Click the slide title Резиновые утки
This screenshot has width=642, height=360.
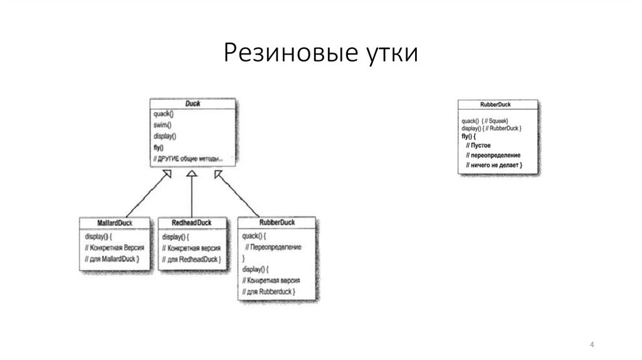pos(320,53)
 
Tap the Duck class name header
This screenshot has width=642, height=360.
pos(192,103)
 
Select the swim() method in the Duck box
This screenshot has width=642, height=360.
pos(162,125)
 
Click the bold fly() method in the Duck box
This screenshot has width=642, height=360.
pos(159,147)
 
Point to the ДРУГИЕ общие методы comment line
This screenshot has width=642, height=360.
pos(188,159)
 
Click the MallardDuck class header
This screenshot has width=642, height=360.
pos(115,223)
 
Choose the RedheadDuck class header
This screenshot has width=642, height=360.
pos(192,223)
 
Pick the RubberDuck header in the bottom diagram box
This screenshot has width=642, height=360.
pos(276,222)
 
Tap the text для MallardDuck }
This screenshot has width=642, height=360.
pos(113,258)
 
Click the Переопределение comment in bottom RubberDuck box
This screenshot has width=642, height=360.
pos(274,248)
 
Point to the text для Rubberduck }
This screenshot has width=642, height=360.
pos(269,292)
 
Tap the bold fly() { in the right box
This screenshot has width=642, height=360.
pos(469,136)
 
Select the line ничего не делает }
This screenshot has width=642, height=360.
pos(495,166)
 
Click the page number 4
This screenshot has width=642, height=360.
pos(592,346)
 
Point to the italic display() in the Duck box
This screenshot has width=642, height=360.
pos(164,136)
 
